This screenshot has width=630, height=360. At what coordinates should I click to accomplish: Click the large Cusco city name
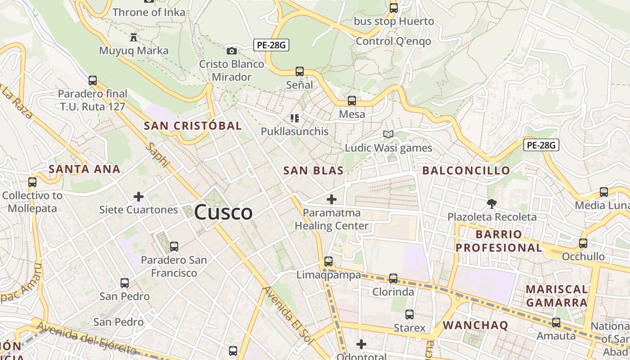(224, 212)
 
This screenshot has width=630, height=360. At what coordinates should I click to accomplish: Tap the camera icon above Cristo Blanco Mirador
(232, 51)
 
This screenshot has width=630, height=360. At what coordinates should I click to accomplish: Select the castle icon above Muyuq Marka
(134, 37)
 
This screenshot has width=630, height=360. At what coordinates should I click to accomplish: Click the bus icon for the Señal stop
(300, 71)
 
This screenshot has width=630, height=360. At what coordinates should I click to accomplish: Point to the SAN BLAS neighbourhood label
(313, 171)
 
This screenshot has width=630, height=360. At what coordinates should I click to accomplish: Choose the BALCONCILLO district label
(466, 171)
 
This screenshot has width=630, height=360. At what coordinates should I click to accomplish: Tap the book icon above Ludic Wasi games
(388, 134)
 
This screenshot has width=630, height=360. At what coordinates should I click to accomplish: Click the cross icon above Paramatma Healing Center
(332, 199)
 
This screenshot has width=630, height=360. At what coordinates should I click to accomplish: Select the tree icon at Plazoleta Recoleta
(491, 204)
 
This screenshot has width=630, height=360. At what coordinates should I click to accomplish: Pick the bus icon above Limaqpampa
(328, 261)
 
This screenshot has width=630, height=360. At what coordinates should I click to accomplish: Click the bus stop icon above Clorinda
(393, 279)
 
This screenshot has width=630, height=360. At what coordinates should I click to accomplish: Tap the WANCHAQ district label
(475, 325)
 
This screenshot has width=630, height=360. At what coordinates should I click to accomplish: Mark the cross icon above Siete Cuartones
(139, 197)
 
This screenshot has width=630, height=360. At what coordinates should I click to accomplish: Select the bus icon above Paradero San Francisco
(174, 247)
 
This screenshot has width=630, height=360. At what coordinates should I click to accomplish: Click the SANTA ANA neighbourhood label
(85, 169)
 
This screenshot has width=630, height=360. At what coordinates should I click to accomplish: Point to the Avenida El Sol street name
(288, 315)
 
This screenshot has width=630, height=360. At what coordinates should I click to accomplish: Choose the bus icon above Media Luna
(604, 192)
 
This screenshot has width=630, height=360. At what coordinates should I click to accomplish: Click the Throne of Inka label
(149, 12)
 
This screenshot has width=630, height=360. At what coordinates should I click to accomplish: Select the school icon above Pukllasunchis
(295, 118)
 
